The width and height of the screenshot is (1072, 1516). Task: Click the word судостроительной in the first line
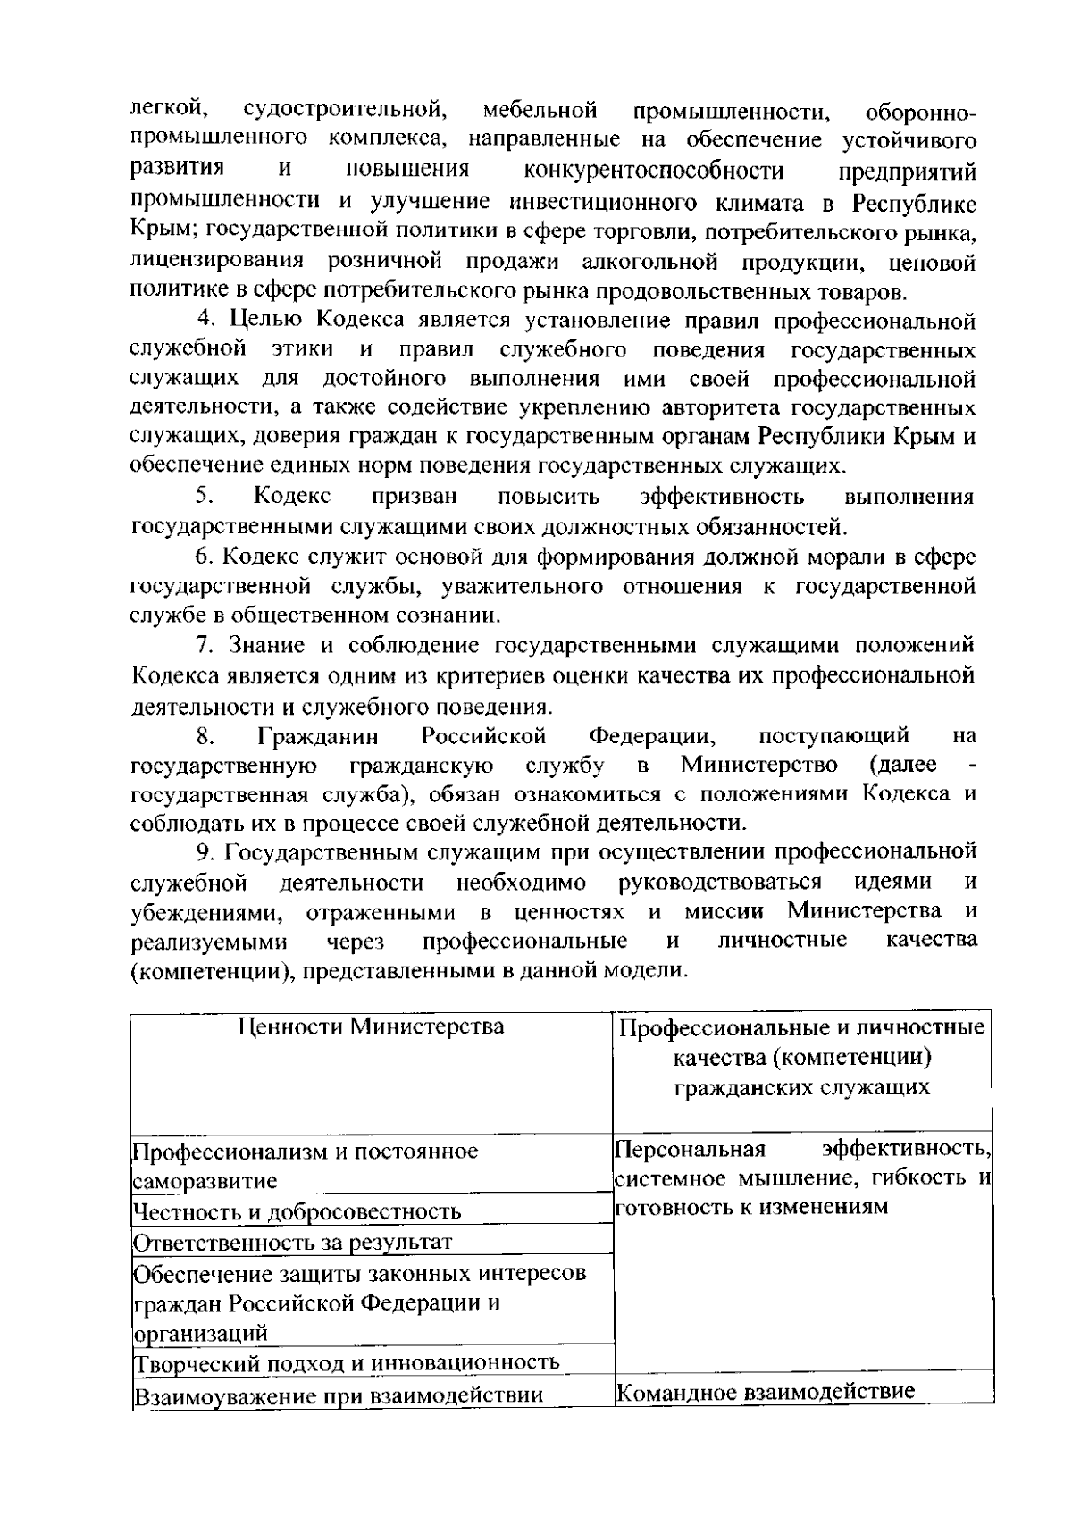344,111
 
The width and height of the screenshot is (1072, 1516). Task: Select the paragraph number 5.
204,496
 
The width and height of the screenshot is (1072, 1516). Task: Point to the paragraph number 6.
204,557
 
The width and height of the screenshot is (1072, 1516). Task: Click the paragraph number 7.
204,645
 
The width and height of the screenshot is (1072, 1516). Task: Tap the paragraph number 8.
204,736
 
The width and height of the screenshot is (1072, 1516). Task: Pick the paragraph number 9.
204,851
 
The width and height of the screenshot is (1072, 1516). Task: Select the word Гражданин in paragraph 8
318,737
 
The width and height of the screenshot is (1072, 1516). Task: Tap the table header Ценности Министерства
371,1026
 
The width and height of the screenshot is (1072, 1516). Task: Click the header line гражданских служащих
801,1087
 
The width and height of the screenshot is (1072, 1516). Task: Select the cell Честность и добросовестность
297,1212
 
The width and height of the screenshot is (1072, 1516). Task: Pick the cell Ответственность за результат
292,1243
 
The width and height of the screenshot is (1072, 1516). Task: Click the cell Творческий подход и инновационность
347,1362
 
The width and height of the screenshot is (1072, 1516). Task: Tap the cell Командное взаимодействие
766,1391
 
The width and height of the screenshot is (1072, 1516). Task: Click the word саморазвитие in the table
205,1181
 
